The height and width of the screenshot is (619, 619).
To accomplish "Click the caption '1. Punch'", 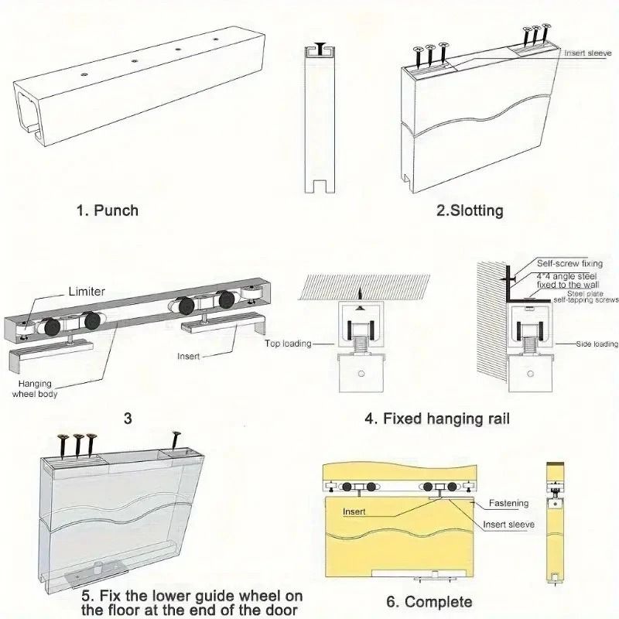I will click(x=108, y=210).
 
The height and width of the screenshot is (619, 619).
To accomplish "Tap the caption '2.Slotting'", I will click(x=469, y=210).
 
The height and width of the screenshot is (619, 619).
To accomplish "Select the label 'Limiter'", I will click(x=87, y=291).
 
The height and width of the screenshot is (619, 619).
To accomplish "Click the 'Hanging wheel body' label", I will click(x=34, y=388).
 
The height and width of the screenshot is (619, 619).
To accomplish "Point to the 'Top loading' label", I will click(x=287, y=343).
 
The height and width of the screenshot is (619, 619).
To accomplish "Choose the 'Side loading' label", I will click(x=596, y=344).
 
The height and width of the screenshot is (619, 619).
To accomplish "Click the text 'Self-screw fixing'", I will click(x=570, y=264).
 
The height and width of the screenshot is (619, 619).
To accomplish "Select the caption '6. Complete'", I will click(x=428, y=601).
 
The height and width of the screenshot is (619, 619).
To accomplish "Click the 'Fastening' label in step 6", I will click(x=508, y=503).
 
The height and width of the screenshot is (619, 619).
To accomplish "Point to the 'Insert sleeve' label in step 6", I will click(x=508, y=524).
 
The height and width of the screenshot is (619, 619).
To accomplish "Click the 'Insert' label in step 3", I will click(x=188, y=357).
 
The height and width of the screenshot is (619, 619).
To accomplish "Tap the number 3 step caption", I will click(x=128, y=419).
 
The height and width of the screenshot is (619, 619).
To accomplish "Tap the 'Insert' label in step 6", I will click(x=354, y=511).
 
